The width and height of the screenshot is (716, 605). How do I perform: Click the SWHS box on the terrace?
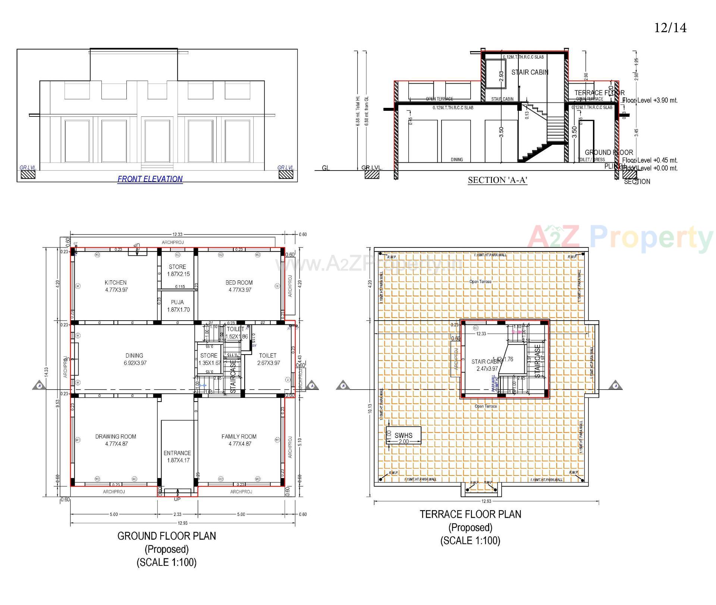coord(403,436)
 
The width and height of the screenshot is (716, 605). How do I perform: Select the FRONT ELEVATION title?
coord(150,179)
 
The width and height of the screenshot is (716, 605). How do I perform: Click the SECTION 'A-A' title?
coord(497,180)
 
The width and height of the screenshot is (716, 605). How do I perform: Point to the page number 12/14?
coord(670,28)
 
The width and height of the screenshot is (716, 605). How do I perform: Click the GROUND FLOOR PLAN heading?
coord(166,536)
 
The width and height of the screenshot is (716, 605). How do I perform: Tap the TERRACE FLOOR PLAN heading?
coord(470,514)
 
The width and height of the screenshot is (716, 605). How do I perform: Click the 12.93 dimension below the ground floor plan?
coord(182,523)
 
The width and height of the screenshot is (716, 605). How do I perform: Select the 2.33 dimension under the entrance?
coord(178,514)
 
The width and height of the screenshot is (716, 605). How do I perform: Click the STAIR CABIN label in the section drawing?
coord(530,72)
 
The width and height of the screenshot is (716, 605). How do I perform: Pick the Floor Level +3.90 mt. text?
coord(650,100)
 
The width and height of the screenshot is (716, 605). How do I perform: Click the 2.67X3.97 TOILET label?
coord(268,359)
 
